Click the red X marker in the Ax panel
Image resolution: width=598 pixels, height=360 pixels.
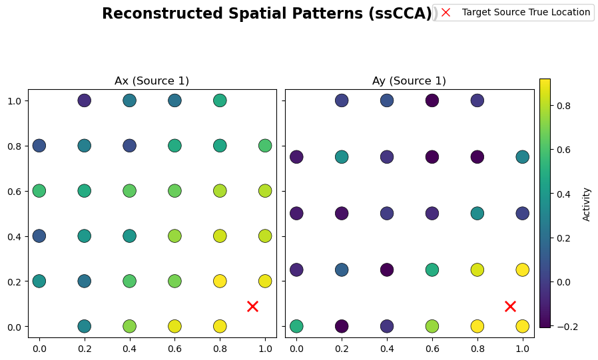click(252, 306)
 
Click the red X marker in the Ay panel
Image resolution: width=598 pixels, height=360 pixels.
click(510, 306)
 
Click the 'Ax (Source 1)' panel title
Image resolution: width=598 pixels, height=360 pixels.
click(152, 81)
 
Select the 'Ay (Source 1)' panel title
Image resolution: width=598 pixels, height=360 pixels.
click(409, 81)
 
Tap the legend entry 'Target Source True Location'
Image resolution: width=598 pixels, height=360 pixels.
click(525, 12)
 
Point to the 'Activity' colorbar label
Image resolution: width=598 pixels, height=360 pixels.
click(587, 204)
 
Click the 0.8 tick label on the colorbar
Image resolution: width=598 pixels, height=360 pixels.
click(565, 105)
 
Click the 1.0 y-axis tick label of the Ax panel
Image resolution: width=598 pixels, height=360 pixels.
click(15, 100)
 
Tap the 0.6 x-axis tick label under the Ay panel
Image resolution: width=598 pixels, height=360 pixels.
click(432, 348)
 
